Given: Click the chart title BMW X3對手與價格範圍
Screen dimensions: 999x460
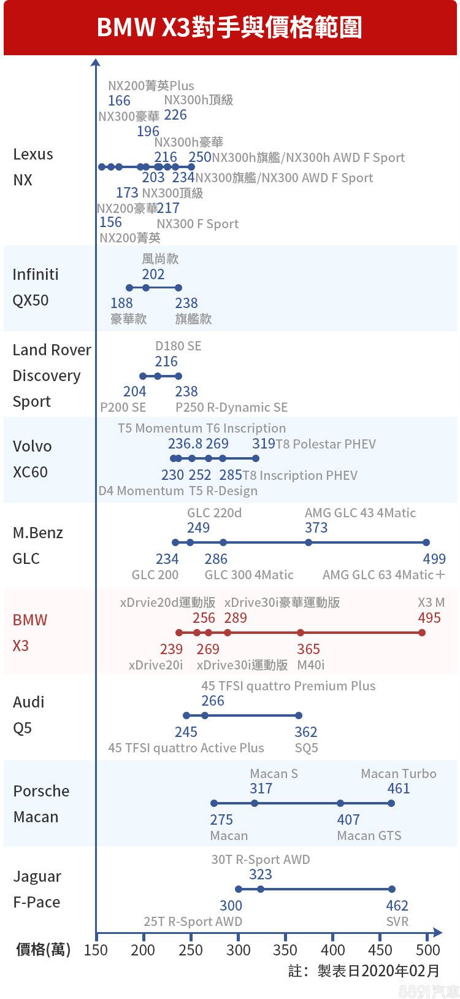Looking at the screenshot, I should pyautogui.click(x=229, y=28).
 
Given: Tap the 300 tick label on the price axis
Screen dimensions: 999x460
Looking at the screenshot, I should pyautogui.click(x=239, y=950).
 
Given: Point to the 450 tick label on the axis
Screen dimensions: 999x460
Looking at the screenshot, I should pyautogui.click(x=380, y=950).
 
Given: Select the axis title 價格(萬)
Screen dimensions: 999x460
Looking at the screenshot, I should pyautogui.click(x=43, y=950).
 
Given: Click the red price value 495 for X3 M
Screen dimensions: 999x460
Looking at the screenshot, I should pyautogui.click(x=429, y=618).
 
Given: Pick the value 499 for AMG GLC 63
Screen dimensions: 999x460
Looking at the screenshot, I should pyautogui.click(x=434, y=558).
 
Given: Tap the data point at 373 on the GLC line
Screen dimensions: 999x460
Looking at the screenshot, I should pyautogui.click(x=309, y=542).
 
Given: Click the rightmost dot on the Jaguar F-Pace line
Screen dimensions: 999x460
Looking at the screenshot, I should pyautogui.click(x=392, y=889).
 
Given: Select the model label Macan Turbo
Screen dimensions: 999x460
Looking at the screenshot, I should pyautogui.click(x=399, y=774).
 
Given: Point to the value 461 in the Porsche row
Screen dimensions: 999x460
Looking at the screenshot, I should pyautogui.click(x=399, y=789).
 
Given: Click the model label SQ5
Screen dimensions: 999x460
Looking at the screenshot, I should pyautogui.click(x=306, y=748).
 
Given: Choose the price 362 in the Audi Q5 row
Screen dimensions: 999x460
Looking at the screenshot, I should pyautogui.click(x=305, y=732).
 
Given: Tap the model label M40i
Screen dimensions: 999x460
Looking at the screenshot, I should pyautogui.click(x=311, y=665).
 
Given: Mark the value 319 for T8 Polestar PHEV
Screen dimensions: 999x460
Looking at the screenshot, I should pyautogui.click(x=264, y=444).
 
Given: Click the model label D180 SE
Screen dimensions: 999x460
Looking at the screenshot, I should pyautogui.click(x=178, y=346).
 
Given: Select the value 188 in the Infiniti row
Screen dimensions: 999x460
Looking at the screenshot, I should pyautogui.click(x=121, y=303).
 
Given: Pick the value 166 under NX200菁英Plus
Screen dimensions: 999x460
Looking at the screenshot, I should pyautogui.click(x=119, y=101).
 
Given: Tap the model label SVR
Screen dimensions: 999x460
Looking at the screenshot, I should pyautogui.click(x=397, y=922).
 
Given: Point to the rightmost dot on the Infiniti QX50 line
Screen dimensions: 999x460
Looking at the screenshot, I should pyautogui.click(x=178, y=288).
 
